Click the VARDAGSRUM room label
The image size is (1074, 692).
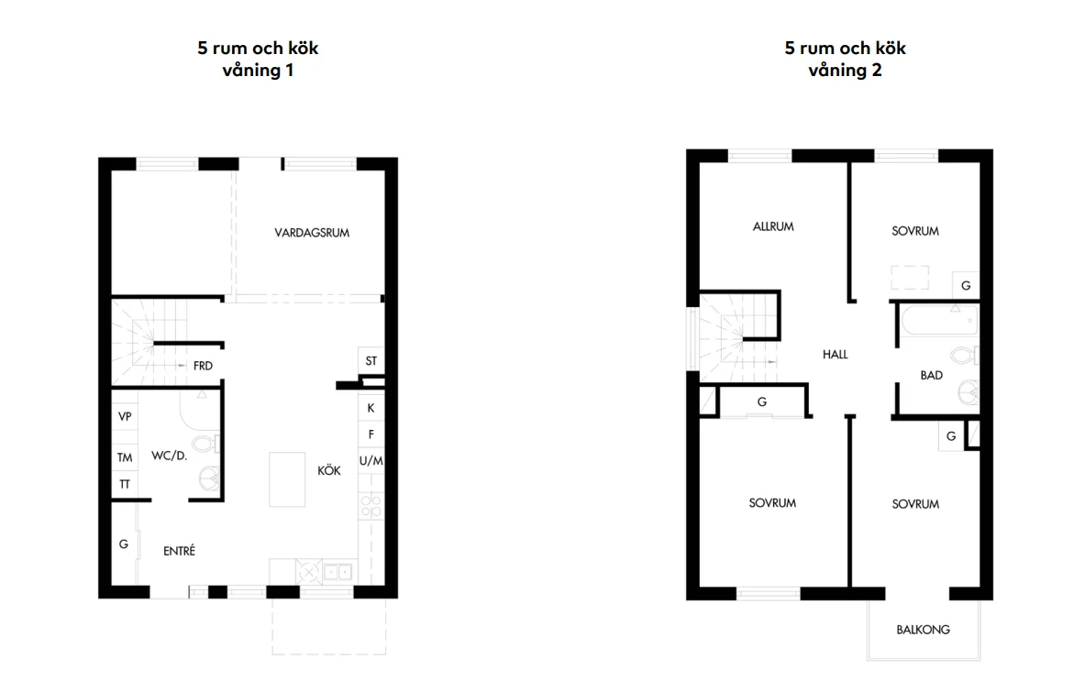pos(312,233)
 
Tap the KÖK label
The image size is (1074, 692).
pos(328,470)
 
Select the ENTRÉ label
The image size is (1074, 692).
pos(179,550)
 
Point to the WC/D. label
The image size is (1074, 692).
pos(169,456)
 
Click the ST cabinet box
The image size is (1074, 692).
pos(371,361)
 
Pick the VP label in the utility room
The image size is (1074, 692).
pos(125,416)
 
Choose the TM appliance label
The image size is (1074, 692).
pos(125,457)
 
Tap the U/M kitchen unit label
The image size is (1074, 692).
pos(371,461)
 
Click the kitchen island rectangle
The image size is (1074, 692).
pos(287,479)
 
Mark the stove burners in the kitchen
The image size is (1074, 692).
pos(371,506)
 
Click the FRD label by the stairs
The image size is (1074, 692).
pos(203,366)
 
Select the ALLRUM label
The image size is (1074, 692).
pos(773,226)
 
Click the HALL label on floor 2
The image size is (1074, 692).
pos(835,354)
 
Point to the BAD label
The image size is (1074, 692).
pos(932,375)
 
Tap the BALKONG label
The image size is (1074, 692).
pos(924,630)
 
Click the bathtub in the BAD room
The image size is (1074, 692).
pos(938,321)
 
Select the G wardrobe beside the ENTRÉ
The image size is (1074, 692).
pos(124,544)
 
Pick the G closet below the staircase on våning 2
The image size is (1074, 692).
pos(761,401)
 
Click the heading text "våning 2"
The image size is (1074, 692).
pos(846,70)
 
